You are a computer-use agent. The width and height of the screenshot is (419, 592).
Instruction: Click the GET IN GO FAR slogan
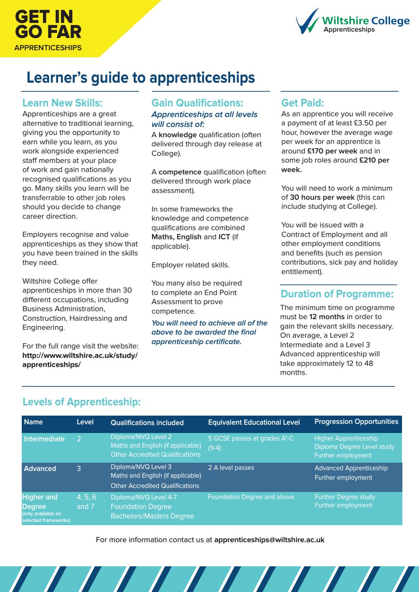tap(47, 25)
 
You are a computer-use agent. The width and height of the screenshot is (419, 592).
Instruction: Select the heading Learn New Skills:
tap(62, 103)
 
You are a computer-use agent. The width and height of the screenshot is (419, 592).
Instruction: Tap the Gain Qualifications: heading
tap(197, 103)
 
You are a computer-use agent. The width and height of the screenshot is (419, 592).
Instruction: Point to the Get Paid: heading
tap(302, 103)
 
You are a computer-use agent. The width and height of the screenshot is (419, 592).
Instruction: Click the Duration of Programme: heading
tap(337, 294)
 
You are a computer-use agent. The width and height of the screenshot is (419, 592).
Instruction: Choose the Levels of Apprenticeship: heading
tap(82, 402)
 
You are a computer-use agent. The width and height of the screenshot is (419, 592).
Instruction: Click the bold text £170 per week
tap(332, 151)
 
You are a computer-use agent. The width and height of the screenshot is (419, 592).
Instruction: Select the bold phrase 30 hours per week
tap(322, 197)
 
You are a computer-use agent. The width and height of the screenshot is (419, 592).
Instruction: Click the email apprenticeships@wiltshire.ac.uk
tap(269, 540)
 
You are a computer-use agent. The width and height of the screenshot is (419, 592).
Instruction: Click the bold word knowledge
tap(178, 135)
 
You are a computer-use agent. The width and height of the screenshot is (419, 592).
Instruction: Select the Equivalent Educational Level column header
tap(254, 422)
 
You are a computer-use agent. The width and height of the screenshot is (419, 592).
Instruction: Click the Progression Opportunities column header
tap(356, 422)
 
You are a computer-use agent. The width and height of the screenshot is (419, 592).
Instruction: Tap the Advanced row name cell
tap(40, 469)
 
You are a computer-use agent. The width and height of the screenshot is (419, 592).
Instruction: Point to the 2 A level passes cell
tap(231, 468)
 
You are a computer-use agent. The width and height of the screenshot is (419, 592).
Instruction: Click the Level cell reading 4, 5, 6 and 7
tap(86, 502)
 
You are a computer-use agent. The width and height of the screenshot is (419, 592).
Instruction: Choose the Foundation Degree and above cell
tap(251, 497)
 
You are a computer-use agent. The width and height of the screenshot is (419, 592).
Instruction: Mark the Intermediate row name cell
tap(44, 439)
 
